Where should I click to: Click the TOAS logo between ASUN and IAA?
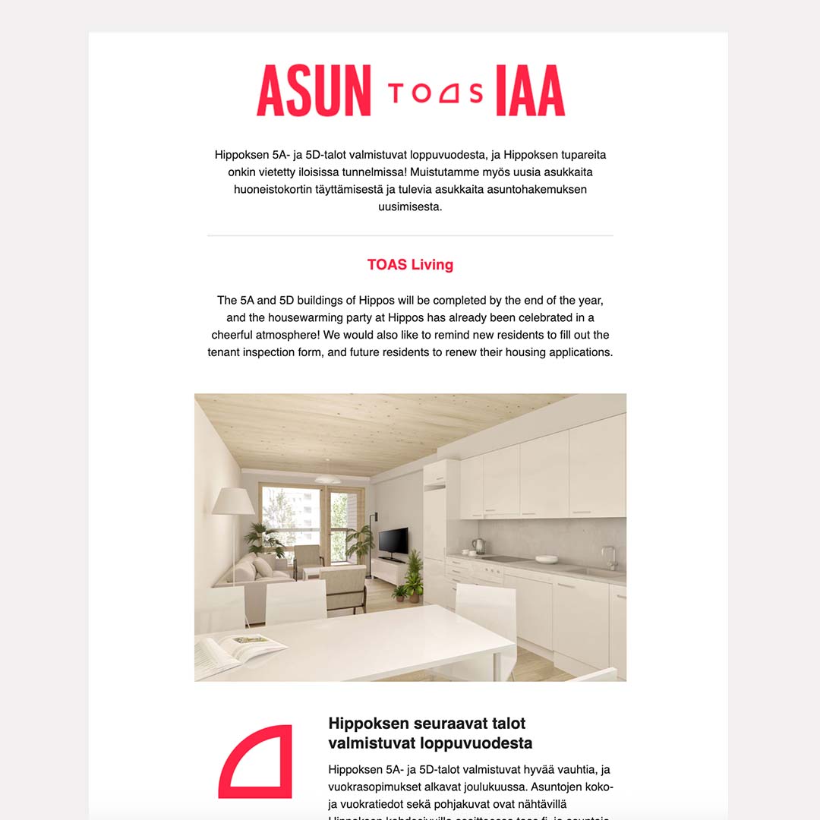(435, 92)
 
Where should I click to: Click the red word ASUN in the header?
(314, 91)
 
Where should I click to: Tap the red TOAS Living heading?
(410, 264)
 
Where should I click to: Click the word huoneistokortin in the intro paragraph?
(275, 189)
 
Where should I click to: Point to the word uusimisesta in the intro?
(410, 207)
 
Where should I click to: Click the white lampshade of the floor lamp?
(233, 502)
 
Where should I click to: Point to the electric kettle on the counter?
(478, 546)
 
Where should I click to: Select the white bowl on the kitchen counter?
(546, 560)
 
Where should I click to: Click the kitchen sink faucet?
(610, 557)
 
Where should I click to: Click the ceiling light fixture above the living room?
(327, 479)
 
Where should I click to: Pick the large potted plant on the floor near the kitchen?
(415, 575)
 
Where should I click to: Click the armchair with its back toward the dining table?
(344, 588)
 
